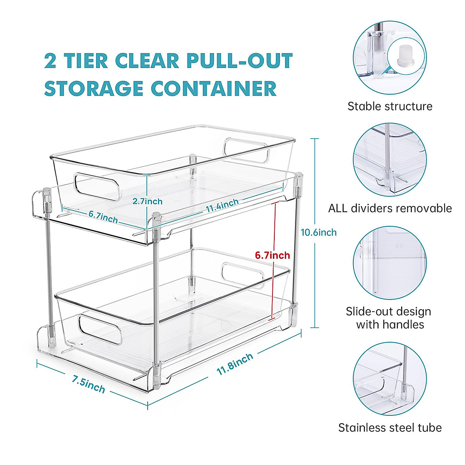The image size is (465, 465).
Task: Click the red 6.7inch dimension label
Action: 272,255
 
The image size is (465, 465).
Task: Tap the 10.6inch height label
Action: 319,232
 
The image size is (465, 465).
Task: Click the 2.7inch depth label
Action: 147,201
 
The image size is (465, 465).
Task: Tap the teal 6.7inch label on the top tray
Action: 103,217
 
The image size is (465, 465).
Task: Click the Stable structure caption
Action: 389,106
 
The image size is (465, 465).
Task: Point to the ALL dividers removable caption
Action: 389,208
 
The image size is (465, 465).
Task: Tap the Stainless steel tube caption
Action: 389,428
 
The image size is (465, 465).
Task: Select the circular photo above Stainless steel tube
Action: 389,379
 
